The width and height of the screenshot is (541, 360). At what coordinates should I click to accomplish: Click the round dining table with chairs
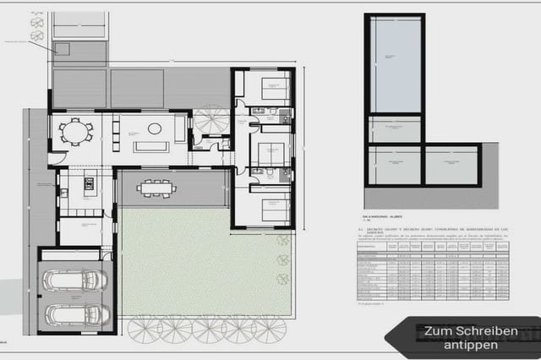coord(75,133)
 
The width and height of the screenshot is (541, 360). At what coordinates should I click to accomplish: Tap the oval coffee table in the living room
coord(154,128)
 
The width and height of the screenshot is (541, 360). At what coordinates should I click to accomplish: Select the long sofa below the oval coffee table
coord(151,147)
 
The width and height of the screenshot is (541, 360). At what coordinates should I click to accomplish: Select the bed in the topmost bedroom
coord(273,85)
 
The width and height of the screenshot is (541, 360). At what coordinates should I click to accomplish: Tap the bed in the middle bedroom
coord(270,152)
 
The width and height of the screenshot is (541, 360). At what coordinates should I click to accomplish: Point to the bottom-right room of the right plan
coord(451,165)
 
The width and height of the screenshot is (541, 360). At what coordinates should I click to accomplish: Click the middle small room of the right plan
coord(394,128)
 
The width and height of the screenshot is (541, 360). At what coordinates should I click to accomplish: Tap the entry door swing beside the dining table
coord(56,157)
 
